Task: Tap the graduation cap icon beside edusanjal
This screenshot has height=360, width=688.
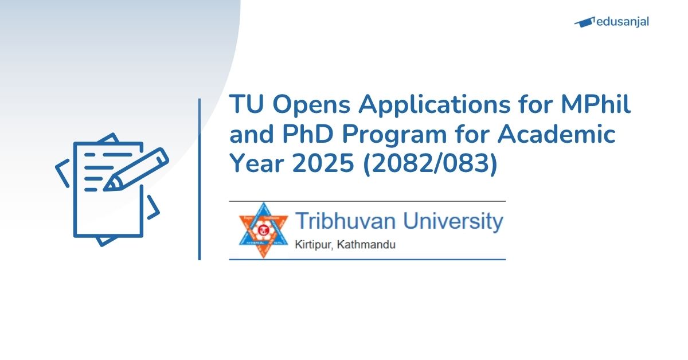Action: pyautogui.click(x=584, y=22)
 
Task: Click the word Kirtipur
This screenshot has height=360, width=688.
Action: pyautogui.click(x=313, y=245)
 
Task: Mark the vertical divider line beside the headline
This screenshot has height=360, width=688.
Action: pyautogui.click(x=200, y=179)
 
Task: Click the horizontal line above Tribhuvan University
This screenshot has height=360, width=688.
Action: pyautogui.click(x=367, y=201)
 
